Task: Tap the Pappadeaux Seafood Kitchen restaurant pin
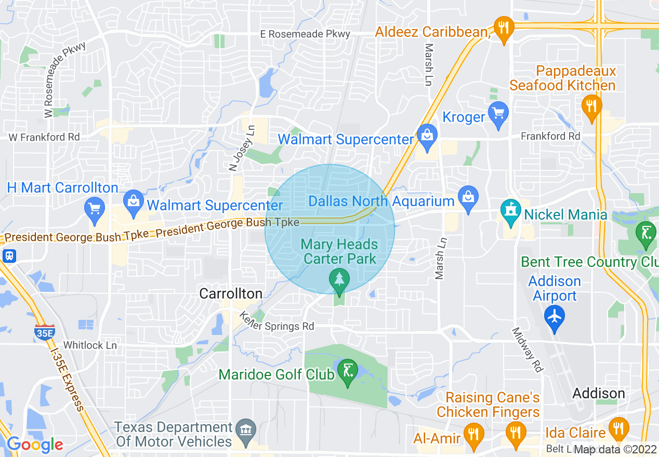(591, 106)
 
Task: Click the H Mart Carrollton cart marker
(95, 209)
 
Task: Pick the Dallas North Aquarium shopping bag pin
(469, 197)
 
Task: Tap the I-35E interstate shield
(45, 332)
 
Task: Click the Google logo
(35, 445)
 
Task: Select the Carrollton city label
(231, 294)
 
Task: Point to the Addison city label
(599, 393)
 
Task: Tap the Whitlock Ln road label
(90, 345)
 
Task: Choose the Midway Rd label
(528, 350)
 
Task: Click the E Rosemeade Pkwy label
(305, 34)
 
